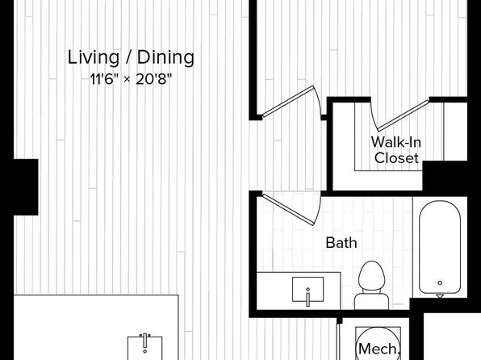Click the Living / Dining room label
131,57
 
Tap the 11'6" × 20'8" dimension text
131,79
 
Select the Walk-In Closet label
396,150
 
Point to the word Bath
341,243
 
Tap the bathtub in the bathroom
440,247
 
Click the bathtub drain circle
440,283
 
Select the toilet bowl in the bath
372,275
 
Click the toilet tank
372,302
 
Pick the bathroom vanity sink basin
308,289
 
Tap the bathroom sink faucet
308,298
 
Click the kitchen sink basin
144,349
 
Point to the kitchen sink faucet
144,341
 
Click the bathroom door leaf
289,210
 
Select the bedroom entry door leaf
288,101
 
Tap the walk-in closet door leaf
403,115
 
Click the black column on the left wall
26,187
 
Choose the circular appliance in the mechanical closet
379,344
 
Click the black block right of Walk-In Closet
445,177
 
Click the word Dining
165,57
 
